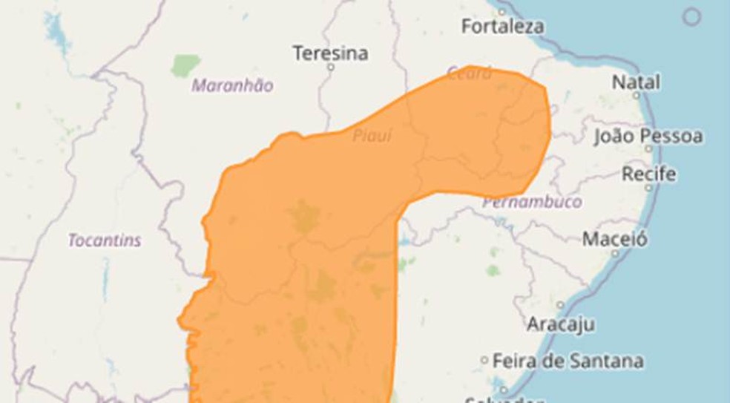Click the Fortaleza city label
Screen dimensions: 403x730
502,27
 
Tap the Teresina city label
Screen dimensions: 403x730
330,53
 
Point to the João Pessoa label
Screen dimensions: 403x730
648,137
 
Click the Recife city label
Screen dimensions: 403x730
649,174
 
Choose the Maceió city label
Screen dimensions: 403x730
614,239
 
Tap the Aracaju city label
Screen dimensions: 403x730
560,324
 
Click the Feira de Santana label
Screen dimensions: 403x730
568,361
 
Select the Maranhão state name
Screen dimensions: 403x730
232,85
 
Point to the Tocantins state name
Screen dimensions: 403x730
105,240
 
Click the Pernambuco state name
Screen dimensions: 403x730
532,202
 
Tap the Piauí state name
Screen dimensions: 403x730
372,136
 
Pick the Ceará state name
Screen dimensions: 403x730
469,73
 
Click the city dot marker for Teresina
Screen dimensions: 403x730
331,68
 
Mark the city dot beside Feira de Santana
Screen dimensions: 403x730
484,361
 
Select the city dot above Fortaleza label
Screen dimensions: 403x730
502,12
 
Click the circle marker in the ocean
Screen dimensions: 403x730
691,16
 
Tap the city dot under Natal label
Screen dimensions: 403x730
637,95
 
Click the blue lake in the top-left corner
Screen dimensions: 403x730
54,30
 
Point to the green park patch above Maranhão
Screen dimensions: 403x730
185,65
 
